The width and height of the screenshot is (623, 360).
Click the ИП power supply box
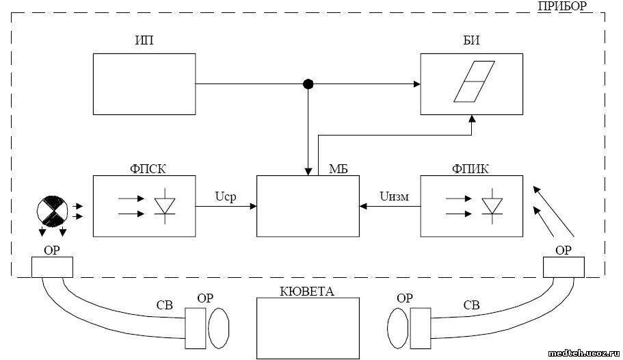coord(144,84)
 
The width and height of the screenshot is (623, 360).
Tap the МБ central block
coord(307,206)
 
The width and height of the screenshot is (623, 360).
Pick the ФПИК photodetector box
coord(471,206)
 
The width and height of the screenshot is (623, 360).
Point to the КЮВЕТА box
coord(307,328)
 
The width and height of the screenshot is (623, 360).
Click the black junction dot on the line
coord(308,84)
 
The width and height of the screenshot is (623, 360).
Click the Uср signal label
coord(225,197)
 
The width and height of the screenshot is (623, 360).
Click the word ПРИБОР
coord(561,6)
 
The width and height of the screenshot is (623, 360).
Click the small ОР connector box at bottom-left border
coord(52,267)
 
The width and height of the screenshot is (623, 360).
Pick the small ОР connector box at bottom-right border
coord(564,267)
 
